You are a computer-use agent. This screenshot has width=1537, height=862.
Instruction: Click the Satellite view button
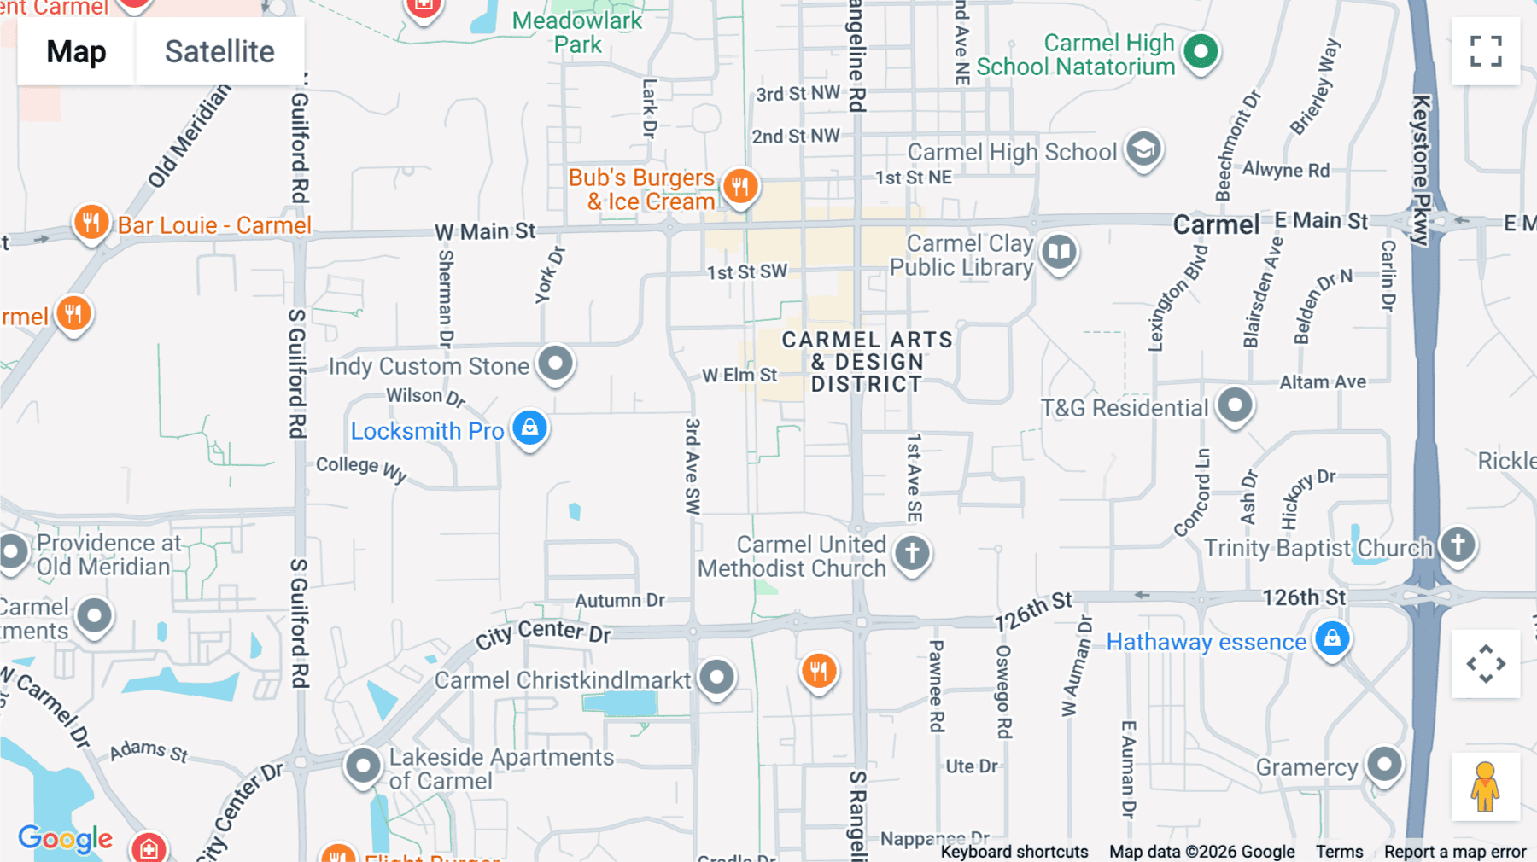[x=219, y=52]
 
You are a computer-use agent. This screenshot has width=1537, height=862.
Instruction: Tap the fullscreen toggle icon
[x=1486, y=51]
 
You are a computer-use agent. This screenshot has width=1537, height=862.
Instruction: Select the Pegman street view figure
[x=1486, y=787]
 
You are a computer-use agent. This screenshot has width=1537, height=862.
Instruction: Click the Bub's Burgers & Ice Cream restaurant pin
[x=740, y=185]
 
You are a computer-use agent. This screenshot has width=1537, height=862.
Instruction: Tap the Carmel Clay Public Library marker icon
[x=1059, y=252]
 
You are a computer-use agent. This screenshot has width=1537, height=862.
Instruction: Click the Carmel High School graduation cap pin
[x=1143, y=149]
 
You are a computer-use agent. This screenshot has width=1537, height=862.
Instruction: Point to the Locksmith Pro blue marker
[x=529, y=427]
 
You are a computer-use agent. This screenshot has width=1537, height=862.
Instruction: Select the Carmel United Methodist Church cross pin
[x=912, y=552]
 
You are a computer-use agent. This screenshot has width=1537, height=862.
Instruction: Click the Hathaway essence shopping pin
[x=1332, y=638]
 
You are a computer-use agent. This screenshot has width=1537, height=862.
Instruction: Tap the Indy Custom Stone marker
[x=556, y=363]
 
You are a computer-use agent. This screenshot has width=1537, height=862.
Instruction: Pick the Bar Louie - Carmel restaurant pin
[x=91, y=223]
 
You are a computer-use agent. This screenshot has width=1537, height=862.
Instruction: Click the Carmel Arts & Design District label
[x=867, y=362]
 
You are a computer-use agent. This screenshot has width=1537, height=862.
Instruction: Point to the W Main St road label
[x=485, y=231]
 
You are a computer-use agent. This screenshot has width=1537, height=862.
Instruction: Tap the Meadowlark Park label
[x=577, y=32]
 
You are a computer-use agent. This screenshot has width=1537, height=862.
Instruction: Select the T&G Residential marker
[x=1235, y=405]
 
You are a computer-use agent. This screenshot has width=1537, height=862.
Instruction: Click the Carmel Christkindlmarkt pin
[x=716, y=678]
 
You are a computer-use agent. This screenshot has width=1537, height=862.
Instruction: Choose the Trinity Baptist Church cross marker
[x=1458, y=544]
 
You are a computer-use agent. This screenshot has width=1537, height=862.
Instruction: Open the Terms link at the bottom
[x=1339, y=852]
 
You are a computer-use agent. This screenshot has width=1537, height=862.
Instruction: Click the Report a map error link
[x=1455, y=852]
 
